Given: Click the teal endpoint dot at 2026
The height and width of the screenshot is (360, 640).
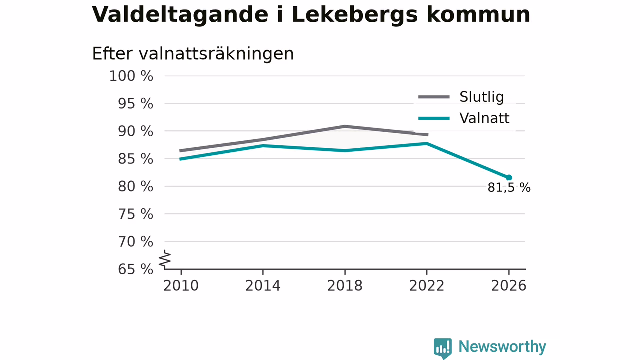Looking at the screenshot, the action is click(x=509, y=178).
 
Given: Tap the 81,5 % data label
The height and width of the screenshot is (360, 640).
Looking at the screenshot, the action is click(x=509, y=188).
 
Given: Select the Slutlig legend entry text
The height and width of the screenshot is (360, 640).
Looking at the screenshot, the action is click(x=481, y=97).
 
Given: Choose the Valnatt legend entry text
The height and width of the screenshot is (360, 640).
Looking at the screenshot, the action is click(x=484, y=118).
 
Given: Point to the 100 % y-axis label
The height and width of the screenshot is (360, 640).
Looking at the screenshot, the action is click(x=131, y=76).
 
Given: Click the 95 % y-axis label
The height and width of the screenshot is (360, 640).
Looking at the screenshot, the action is click(x=135, y=104).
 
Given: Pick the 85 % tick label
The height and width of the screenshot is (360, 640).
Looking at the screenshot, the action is click(x=135, y=159).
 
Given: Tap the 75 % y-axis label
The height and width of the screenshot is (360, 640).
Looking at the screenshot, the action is click(x=135, y=214).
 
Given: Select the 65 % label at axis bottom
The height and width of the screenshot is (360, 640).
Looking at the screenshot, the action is click(x=135, y=269).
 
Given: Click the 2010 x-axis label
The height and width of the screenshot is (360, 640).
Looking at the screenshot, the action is click(x=181, y=286).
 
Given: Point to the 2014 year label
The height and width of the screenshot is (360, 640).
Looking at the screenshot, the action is click(x=263, y=286).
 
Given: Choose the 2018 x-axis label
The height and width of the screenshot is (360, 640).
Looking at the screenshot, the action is click(x=345, y=286).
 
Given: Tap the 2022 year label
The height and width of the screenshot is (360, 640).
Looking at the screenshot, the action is click(x=427, y=286).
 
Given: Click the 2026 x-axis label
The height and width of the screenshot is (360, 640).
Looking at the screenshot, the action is click(x=508, y=286).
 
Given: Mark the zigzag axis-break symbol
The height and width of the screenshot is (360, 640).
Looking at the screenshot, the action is click(x=165, y=259).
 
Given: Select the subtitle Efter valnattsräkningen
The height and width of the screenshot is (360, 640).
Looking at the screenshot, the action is click(x=193, y=53).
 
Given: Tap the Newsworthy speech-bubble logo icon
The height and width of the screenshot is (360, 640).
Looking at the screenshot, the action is click(x=443, y=348).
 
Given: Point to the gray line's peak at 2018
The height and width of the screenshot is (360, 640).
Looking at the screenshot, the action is click(x=345, y=126).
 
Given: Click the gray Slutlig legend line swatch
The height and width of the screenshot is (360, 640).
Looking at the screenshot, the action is click(x=434, y=97).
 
